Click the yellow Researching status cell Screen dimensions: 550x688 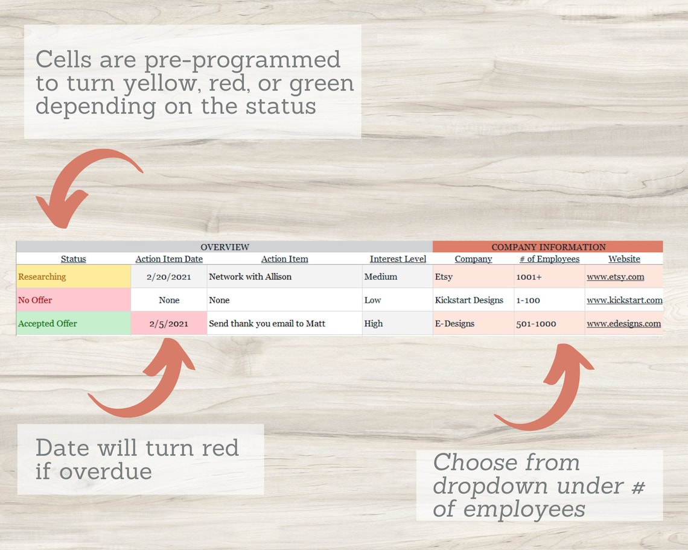73,277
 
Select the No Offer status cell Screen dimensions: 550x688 73,300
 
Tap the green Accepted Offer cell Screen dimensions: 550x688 73,323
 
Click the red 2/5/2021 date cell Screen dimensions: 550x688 169,323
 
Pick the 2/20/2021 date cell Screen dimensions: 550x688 169,277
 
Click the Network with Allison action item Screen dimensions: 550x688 250,277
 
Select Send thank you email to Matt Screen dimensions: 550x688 267,323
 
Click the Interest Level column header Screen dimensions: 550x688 398,259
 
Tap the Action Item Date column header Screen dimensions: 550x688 169,259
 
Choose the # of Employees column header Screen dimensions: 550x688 549,259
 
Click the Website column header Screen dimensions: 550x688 624,259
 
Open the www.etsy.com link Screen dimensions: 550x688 615,277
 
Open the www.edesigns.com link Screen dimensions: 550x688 623,323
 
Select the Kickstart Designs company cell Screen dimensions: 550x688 469,300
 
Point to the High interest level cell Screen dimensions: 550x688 374,323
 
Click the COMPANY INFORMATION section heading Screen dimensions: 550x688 548,247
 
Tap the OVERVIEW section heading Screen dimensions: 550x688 225,247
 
